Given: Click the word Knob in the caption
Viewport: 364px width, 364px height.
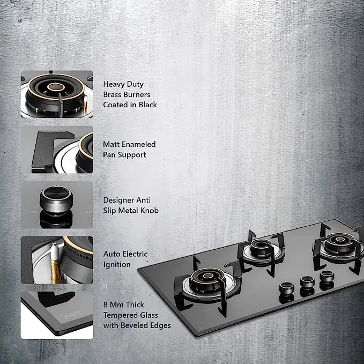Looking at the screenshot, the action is tap(150, 211).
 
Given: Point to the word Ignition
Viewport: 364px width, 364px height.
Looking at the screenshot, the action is tap(117, 265).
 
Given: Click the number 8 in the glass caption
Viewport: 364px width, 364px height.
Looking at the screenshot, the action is tap(106, 304).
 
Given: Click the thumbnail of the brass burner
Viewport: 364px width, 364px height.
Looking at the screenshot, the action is tap(57, 94).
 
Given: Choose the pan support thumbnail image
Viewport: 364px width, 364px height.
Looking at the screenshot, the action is tap(57, 150).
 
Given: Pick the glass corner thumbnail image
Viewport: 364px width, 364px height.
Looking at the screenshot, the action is tap(57, 315).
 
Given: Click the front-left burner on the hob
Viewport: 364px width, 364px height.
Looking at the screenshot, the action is tap(207, 281).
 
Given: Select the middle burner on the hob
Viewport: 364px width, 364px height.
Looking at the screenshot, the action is tap(261, 248).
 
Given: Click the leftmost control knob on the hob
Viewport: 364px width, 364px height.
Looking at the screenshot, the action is tap(286, 288).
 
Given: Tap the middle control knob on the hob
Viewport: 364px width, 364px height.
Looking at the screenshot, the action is tap(307, 282).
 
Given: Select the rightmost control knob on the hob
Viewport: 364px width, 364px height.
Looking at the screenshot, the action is tap(327, 276).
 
